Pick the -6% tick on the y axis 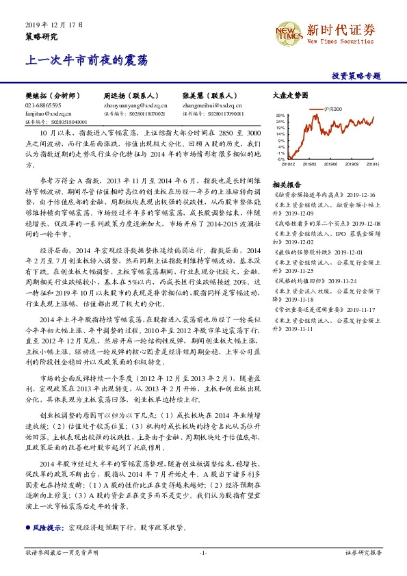tap(281, 159)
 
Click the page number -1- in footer tap(203, 552)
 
